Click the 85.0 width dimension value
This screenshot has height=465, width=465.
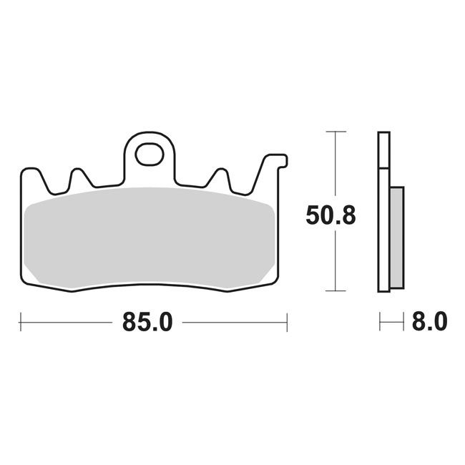coord(147,323)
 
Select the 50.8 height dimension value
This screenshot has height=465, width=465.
coord(331,215)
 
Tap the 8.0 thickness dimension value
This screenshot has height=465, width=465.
coord(430,322)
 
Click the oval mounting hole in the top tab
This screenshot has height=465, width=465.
coord(150,154)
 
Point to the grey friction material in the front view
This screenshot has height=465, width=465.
coord(150,238)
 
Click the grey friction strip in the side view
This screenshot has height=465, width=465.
coord(397,238)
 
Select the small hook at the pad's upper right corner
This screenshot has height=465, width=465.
coord(283,161)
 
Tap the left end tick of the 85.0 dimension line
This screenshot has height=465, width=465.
coord(21,322)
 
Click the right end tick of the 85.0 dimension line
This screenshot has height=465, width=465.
coord(287,322)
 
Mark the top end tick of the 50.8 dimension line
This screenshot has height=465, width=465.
coord(336,132)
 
